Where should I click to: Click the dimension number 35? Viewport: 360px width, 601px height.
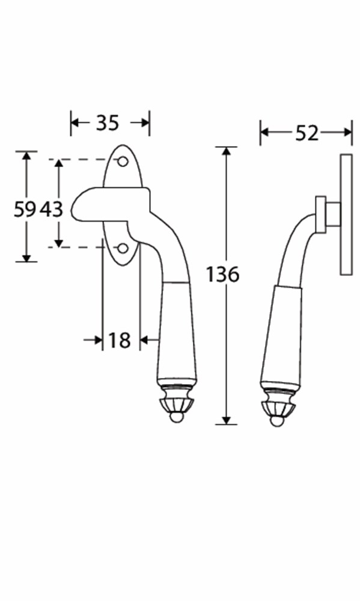pos(108,123)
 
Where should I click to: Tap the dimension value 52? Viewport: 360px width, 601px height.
pos(307,133)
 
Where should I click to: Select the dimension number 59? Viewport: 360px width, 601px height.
pos(25,210)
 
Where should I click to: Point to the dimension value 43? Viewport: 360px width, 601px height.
pos(52,210)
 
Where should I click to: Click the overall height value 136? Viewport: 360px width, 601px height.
pos(222,275)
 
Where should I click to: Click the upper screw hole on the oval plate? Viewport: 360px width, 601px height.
pos(123,162)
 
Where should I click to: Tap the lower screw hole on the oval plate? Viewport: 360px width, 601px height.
pos(123,248)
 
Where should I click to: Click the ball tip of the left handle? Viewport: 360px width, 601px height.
pos(176,418)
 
